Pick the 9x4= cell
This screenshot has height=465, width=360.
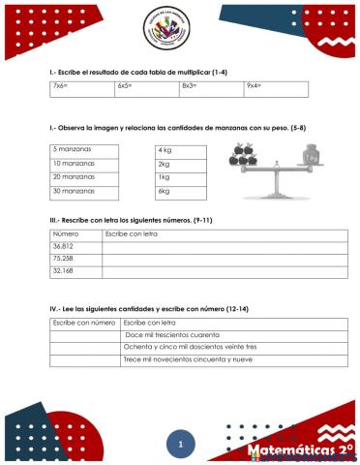tap(276, 89)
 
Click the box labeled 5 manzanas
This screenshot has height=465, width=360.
tap(84, 150)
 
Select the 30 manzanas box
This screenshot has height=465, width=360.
tap(84, 192)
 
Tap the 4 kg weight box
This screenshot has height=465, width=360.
tap(180, 150)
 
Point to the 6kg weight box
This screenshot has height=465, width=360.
tap(180, 192)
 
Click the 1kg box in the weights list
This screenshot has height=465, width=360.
tap(180, 178)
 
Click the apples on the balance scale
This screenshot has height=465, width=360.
tap(243, 153)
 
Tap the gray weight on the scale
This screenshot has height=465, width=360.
tap(312, 157)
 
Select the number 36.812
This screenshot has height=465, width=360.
tap(64, 246)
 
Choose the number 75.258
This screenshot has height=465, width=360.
tap(64, 259)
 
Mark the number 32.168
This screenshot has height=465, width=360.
tap(64, 271)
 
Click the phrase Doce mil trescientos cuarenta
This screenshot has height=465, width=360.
tap(172, 334)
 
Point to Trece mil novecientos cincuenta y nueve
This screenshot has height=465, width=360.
tap(188, 359)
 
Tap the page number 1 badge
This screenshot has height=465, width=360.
tap(180, 445)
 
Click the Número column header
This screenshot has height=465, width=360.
tap(66, 234)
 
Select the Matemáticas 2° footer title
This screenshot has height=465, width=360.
tap(299, 450)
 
